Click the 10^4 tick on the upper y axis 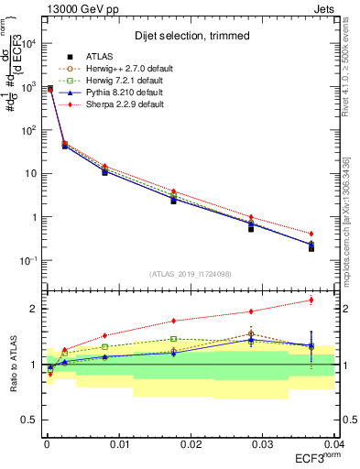(29, 43)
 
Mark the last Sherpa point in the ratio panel (311, 300)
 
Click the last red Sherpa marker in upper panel (311, 234)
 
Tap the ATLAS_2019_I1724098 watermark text (190, 273)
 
